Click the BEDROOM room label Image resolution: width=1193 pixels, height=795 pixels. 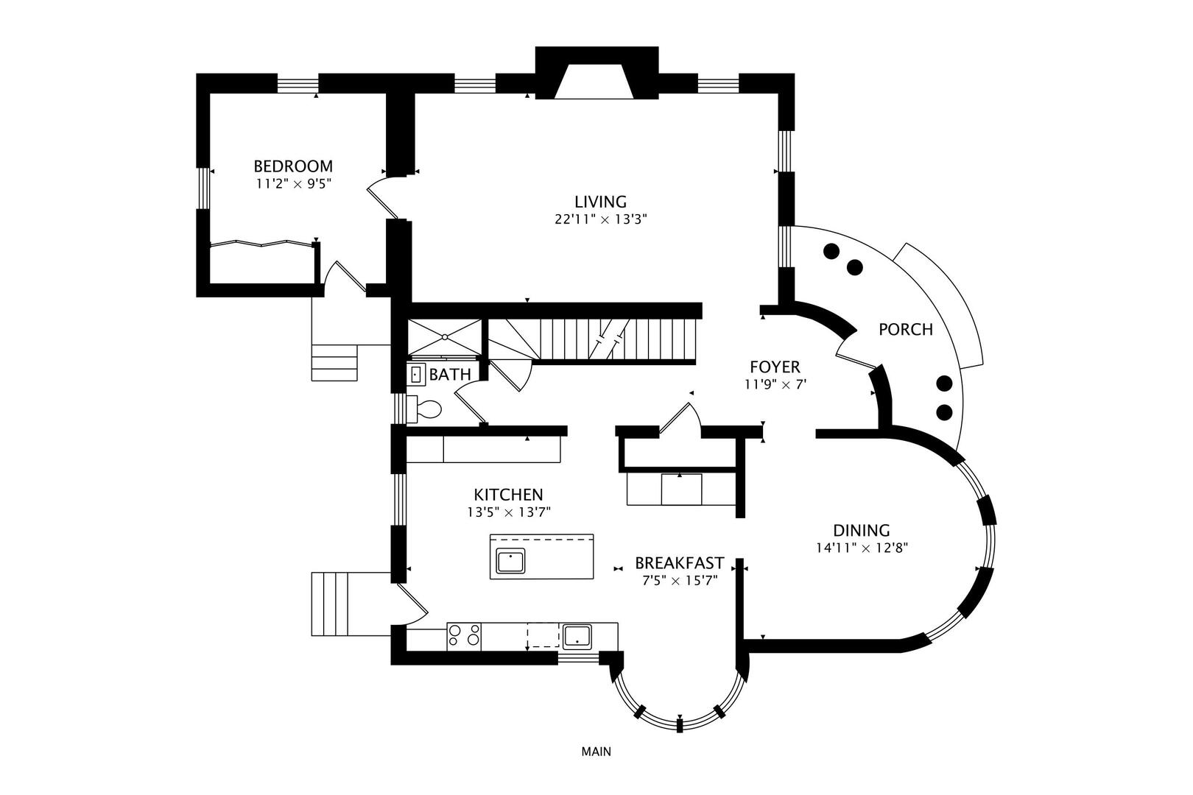pyautogui.click(x=293, y=166)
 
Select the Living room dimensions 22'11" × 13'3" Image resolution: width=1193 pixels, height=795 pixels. pyautogui.click(x=600, y=219)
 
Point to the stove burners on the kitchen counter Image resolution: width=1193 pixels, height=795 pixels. pyautogui.click(x=464, y=635)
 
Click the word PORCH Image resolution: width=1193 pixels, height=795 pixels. pyautogui.click(x=905, y=330)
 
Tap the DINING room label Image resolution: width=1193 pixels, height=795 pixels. pyautogui.click(x=861, y=530)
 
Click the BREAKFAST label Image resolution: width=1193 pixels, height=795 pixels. pyautogui.click(x=679, y=563)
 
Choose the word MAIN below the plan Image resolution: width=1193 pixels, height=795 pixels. pyautogui.click(x=596, y=752)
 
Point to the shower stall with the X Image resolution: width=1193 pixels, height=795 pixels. pyautogui.click(x=445, y=337)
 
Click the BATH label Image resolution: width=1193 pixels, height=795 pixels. pyautogui.click(x=450, y=375)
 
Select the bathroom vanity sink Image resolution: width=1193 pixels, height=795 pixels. pyautogui.click(x=416, y=375)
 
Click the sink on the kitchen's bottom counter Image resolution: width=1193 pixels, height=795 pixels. pyautogui.click(x=577, y=635)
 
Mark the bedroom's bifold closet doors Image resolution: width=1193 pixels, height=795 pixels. pyautogui.click(x=261, y=244)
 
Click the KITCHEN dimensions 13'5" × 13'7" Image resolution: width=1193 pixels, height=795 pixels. pyautogui.click(x=509, y=512)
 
